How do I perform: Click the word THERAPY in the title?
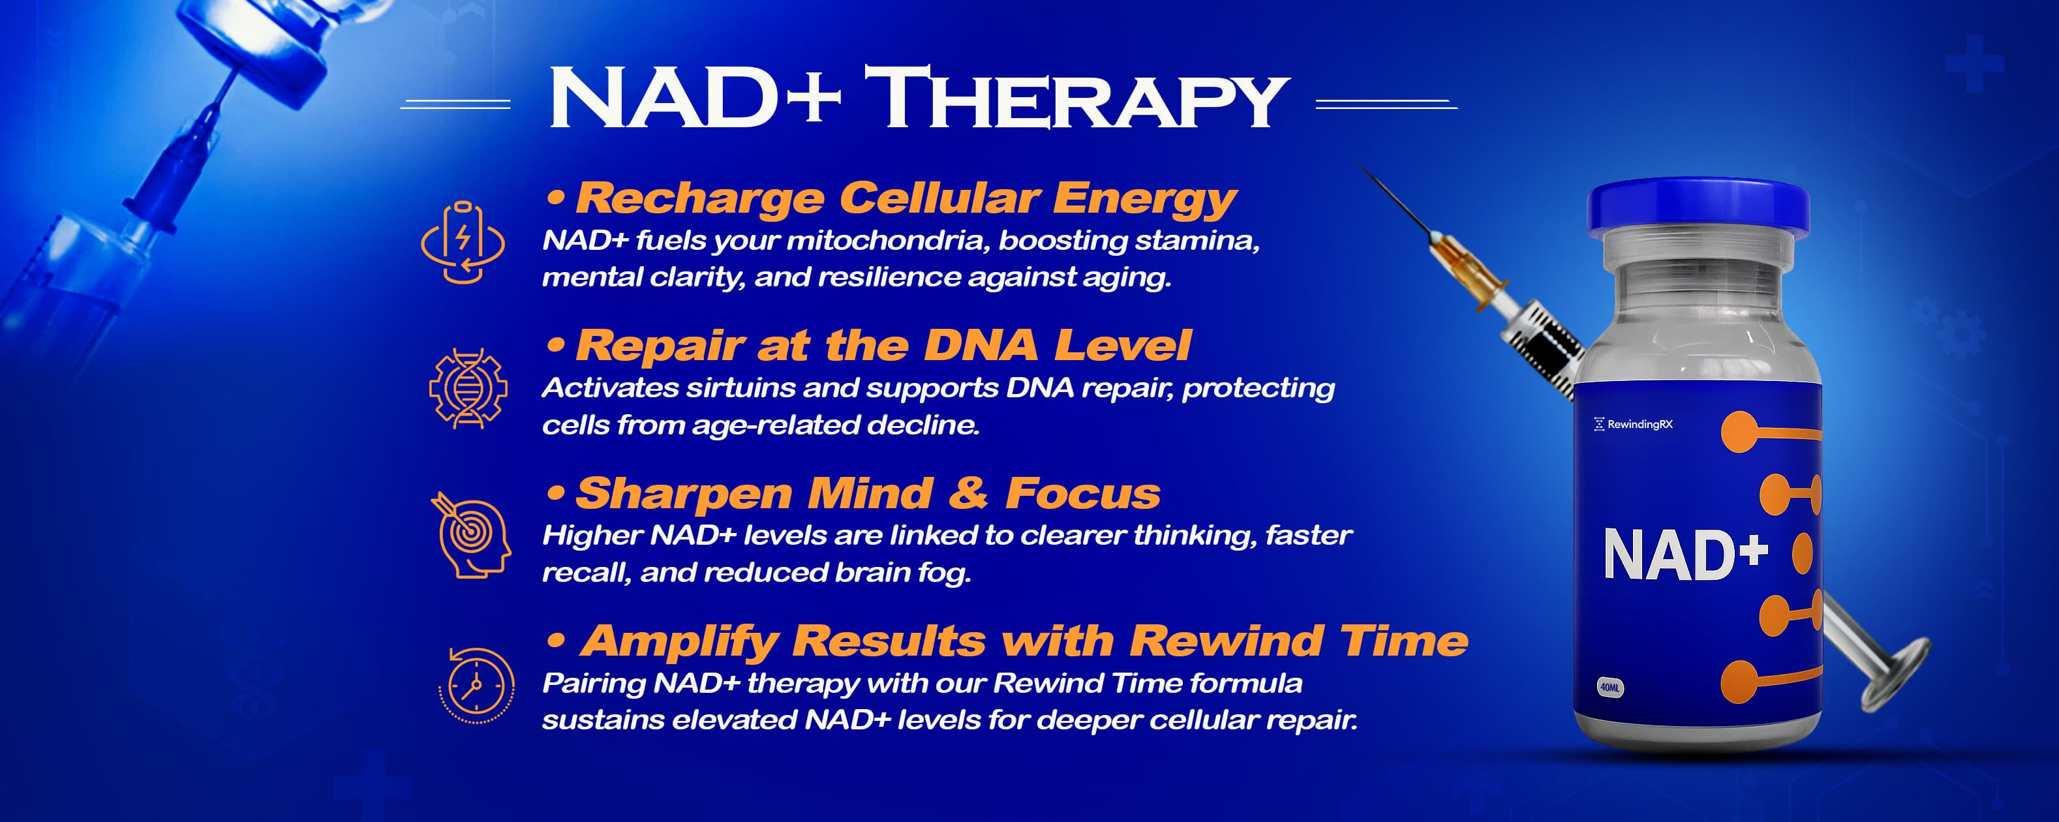click(x=1076, y=98)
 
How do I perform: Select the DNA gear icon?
click(x=468, y=389)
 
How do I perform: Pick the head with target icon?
click(x=472, y=534)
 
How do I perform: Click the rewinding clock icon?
click(x=476, y=685)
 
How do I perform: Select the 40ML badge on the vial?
click(x=1609, y=687)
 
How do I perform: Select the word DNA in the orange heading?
click(x=980, y=345)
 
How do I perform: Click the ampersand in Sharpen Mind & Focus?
click(x=968, y=493)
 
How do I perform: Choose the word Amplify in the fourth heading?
click(x=679, y=642)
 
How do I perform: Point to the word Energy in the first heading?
click(x=1144, y=199)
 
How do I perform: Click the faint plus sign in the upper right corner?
click(x=1974, y=63)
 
